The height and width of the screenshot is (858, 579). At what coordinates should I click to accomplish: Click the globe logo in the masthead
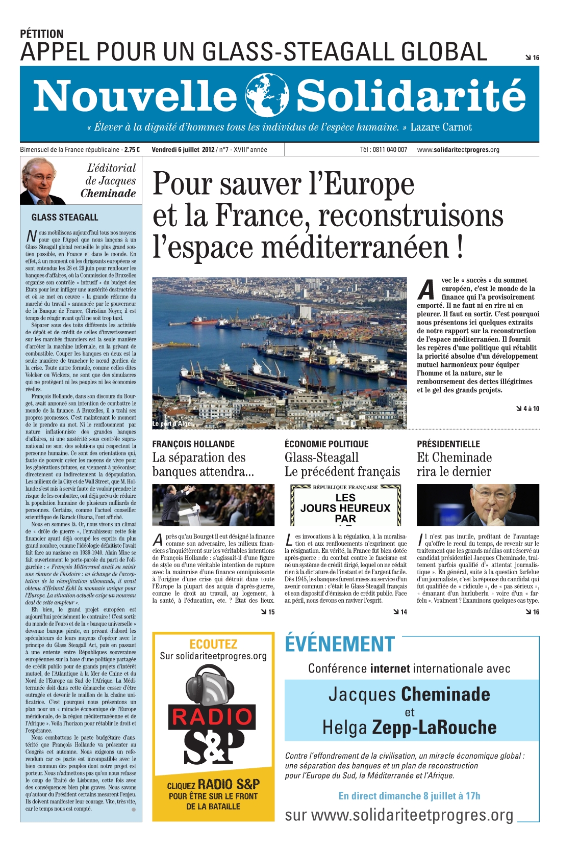click(267, 95)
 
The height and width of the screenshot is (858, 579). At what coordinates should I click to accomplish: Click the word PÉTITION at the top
click(42, 34)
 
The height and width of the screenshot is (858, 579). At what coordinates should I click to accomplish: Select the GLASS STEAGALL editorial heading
click(65, 218)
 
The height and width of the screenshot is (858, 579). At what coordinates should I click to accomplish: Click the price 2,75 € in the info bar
click(132, 150)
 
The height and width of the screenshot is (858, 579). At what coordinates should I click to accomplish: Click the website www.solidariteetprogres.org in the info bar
click(458, 150)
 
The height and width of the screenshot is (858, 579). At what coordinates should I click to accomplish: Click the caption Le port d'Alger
click(173, 423)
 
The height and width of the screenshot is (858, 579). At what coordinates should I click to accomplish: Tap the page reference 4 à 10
click(527, 409)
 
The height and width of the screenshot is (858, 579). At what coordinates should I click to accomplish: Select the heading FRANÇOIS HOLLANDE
click(193, 444)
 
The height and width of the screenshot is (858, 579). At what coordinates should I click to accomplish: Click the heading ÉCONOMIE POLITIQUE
click(326, 444)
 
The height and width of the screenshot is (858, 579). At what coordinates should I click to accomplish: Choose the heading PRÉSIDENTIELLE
click(448, 444)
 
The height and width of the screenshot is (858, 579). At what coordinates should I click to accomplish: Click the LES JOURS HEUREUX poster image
click(345, 505)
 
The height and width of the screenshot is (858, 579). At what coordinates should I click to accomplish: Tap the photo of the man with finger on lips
click(477, 505)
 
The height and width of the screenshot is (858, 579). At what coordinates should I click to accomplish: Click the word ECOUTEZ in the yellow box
click(213, 644)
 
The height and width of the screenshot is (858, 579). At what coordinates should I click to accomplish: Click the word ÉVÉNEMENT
click(340, 644)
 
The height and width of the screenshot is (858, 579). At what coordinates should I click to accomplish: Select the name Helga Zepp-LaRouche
click(409, 728)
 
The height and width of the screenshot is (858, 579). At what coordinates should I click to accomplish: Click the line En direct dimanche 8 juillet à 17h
click(409, 796)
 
